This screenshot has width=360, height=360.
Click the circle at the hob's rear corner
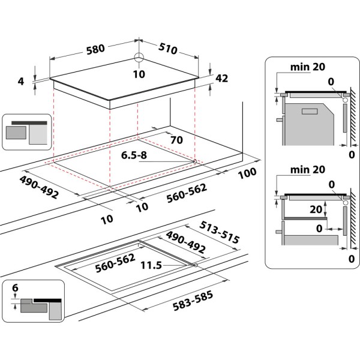[139, 58]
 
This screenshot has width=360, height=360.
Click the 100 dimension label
[247, 172]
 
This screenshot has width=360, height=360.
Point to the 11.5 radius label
[151, 265]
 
